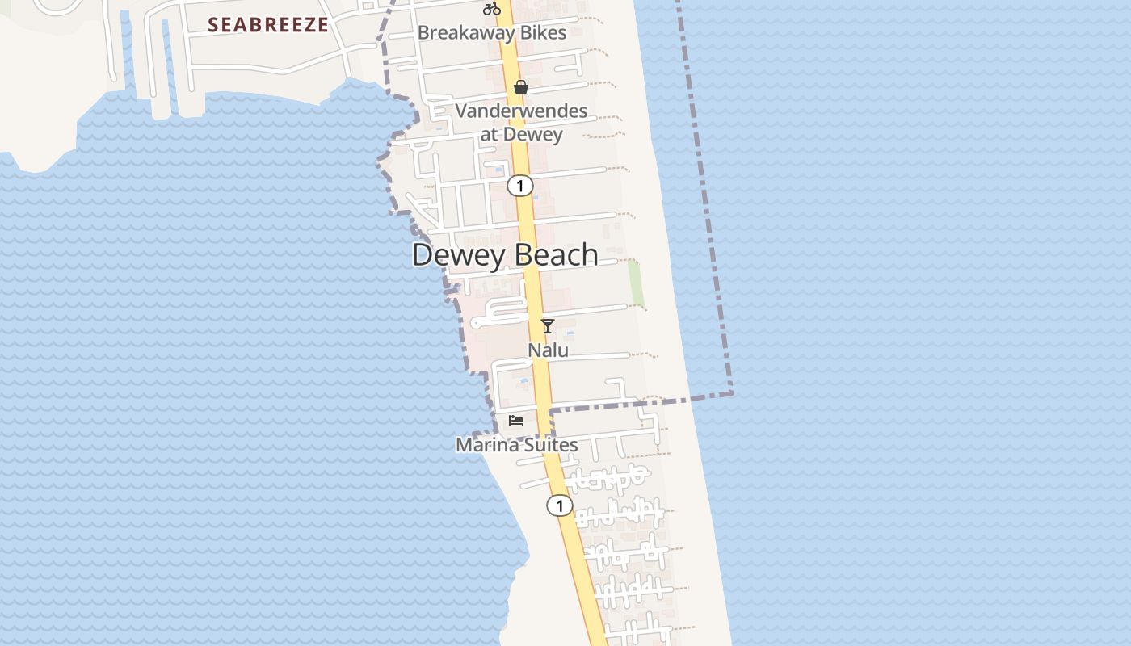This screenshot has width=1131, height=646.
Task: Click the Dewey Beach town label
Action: (505, 254)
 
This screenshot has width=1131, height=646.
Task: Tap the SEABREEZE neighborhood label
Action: (268, 25)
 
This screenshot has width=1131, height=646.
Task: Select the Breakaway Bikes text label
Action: (491, 33)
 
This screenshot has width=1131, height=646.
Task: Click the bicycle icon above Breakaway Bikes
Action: (492, 10)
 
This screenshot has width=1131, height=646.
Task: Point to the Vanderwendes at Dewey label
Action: (521, 122)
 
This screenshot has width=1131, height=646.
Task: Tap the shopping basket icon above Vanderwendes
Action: (521, 87)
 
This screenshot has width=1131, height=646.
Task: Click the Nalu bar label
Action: (548, 350)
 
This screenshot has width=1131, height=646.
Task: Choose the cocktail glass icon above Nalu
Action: (548, 326)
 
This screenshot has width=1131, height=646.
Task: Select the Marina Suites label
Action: (516, 445)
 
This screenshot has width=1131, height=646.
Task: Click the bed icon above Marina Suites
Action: (516, 421)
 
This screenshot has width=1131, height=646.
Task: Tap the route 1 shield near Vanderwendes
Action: (520, 186)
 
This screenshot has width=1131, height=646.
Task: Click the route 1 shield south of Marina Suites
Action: (559, 506)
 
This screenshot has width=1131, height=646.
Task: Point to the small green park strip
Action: (636, 283)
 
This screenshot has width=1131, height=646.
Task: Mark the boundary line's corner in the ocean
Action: (732, 393)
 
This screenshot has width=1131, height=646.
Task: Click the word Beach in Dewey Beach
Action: (556, 254)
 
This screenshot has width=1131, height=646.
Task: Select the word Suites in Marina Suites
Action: (549, 445)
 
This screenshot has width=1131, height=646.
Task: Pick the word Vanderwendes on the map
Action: (521, 111)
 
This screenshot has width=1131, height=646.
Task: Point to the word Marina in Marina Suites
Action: (486, 445)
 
